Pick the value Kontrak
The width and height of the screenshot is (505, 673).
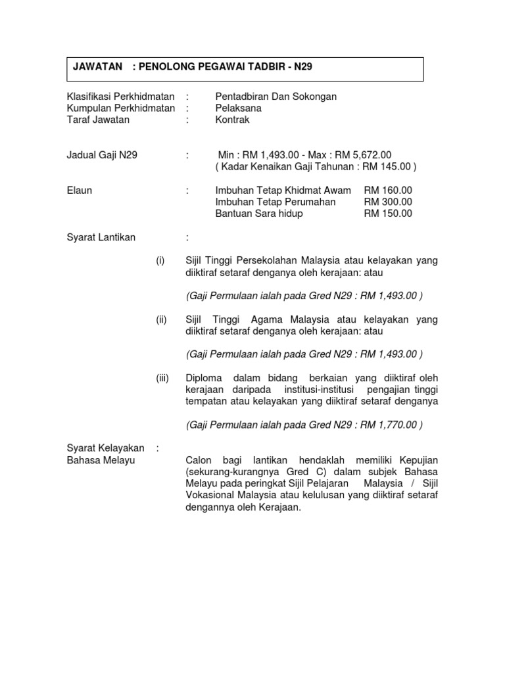233,120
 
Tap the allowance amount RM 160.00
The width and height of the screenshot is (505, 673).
388,191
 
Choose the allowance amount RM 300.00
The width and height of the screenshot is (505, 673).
388,202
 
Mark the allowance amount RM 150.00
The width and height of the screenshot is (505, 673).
388,214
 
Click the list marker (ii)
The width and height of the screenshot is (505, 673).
162,319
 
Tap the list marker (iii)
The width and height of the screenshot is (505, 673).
163,378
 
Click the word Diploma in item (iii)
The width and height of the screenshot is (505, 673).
204,378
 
